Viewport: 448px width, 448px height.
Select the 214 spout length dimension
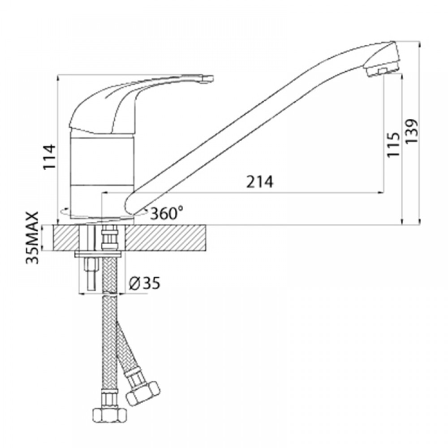pos(260,181)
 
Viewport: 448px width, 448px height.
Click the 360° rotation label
pos(167,213)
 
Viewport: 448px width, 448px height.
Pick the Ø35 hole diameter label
pos(144,283)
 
